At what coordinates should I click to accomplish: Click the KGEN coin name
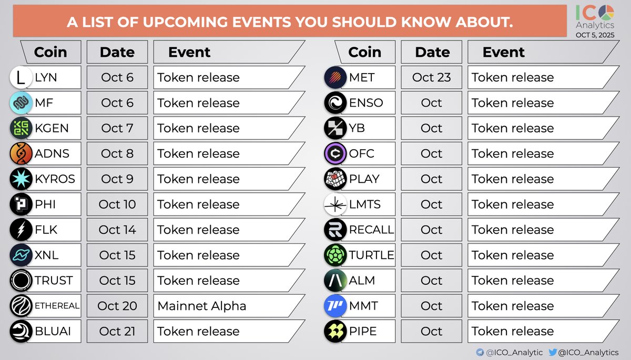pyautogui.click(x=52, y=128)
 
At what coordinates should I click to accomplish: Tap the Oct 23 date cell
pyautogui.click(x=431, y=77)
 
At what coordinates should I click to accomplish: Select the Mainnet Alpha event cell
pyautogui.click(x=202, y=306)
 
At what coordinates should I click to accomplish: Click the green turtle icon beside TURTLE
pyautogui.click(x=335, y=255)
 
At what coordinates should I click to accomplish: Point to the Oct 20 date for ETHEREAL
pyautogui.click(x=118, y=306)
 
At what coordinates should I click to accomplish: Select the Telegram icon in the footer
pyautogui.click(x=480, y=352)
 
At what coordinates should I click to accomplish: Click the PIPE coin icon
pyautogui.click(x=335, y=332)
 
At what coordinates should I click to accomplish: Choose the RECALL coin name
pyautogui.click(x=371, y=230)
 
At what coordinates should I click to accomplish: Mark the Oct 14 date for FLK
pyautogui.click(x=118, y=230)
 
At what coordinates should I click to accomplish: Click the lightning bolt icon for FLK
pyautogui.click(x=21, y=230)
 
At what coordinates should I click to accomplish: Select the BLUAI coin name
pyautogui.click(x=53, y=332)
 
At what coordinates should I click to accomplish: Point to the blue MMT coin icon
pyautogui.click(x=335, y=306)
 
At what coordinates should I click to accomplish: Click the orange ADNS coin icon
pyautogui.click(x=21, y=153)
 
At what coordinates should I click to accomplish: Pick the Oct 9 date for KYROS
pyautogui.click(x=118, y=179)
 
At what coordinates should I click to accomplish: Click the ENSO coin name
pyautogui.click(x=366, y=103)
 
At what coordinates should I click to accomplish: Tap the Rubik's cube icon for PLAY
pyautogui.click(x=335, y=179)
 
